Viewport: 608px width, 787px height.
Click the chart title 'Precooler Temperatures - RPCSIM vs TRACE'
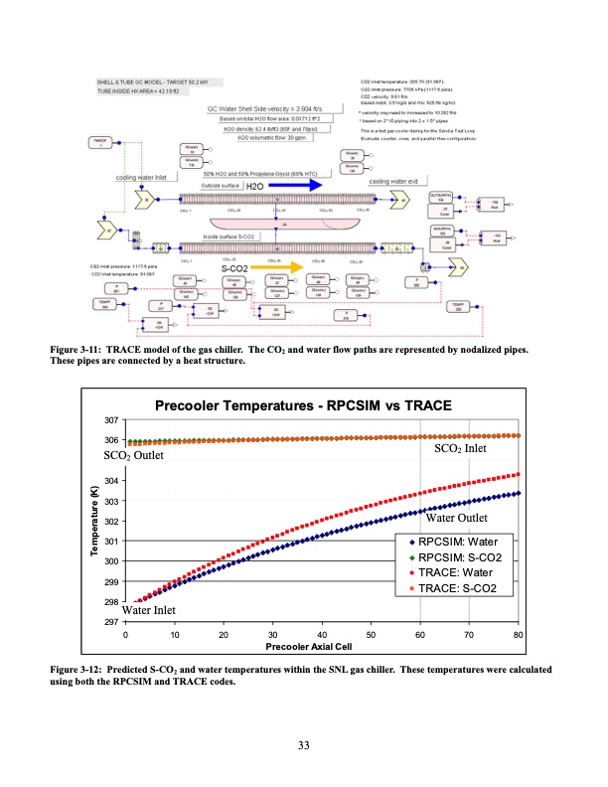[303, 405]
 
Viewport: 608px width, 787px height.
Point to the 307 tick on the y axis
[112, 419]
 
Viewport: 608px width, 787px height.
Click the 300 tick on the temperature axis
[112, 561]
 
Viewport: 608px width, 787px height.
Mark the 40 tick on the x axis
[322, 633]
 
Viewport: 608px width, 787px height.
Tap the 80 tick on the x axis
[519, 633]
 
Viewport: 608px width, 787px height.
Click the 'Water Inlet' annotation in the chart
[149, 610]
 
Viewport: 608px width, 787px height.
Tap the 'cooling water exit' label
[398, 182]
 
